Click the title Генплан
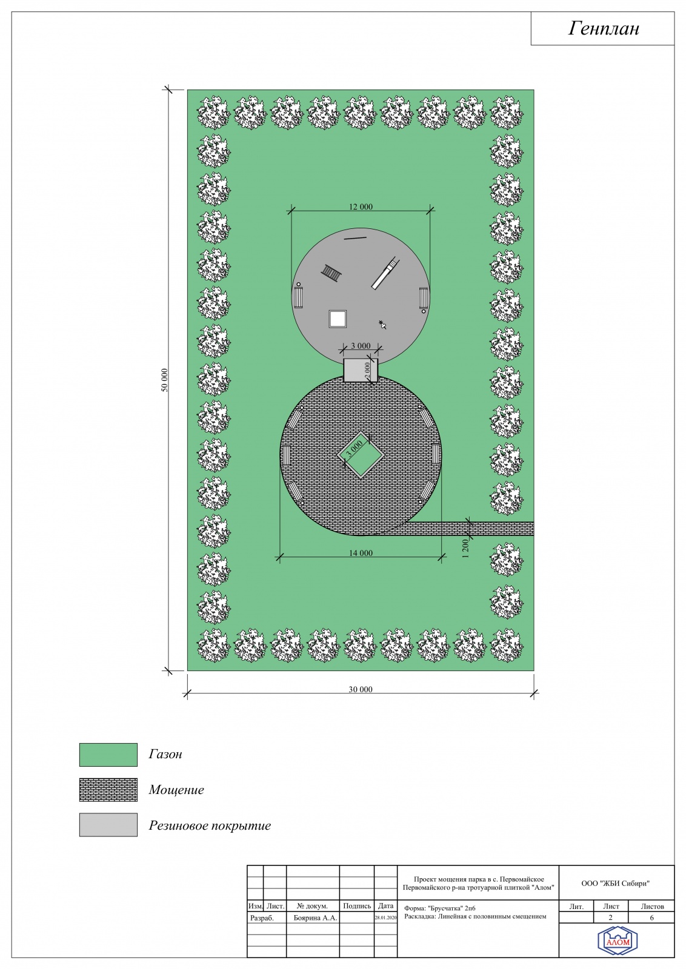(604, 28)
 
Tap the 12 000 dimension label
(361, 207)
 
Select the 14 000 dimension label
(361, 553)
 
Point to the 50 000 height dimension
(164, 380)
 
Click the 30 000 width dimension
(361, 690)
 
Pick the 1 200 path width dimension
(465, 549)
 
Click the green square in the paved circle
(361, 455)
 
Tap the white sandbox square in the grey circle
(338, 319)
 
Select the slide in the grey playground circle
(385, 273)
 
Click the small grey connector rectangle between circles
(361, 370)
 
